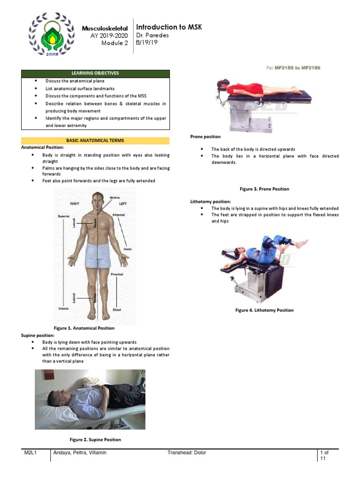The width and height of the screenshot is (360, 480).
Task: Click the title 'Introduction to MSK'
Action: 169,27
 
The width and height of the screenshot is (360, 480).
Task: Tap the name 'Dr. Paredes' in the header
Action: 152,36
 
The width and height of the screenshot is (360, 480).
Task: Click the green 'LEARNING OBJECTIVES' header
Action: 95,74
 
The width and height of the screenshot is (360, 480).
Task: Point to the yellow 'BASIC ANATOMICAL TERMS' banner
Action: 95,141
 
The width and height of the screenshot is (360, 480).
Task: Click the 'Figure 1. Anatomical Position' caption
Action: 85,328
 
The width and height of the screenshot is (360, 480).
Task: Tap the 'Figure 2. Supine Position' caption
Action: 95,440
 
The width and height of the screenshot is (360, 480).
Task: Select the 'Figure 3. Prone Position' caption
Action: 264,189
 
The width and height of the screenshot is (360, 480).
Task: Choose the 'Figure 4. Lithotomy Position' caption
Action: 264,310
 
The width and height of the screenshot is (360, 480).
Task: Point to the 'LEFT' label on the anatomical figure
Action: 123,204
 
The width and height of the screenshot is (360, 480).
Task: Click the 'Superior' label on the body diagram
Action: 64,216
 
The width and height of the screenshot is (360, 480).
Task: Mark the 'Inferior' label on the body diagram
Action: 64,309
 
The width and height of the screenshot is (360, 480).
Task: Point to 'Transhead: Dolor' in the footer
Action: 187,453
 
